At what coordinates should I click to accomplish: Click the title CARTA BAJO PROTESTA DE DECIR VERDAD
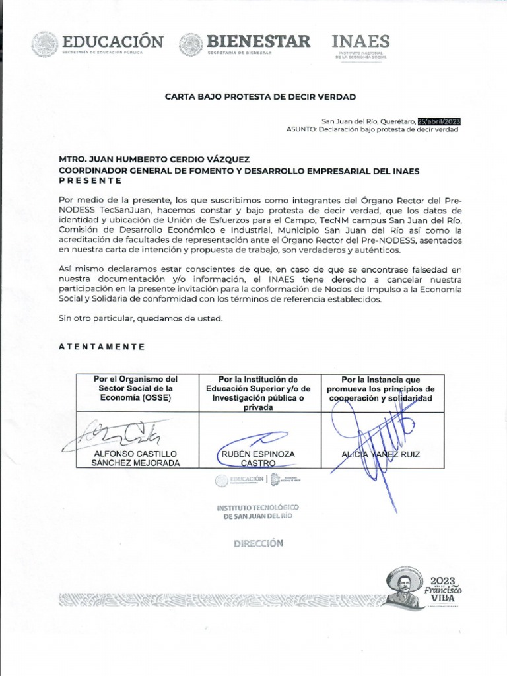point(259,97)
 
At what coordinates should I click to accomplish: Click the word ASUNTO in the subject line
point(300,129)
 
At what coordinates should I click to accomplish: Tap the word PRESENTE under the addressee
point(90,180)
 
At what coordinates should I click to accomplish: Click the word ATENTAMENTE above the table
point(102,346)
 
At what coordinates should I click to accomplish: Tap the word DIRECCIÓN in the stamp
point(257,543)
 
